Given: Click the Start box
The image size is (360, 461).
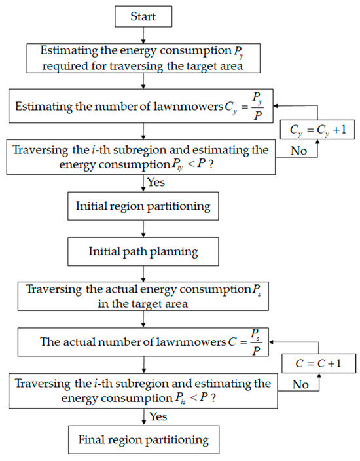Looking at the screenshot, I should [143, 16].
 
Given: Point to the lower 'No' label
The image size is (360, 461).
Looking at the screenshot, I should [300, 384].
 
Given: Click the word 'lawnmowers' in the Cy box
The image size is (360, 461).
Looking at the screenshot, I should [183, 106].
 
